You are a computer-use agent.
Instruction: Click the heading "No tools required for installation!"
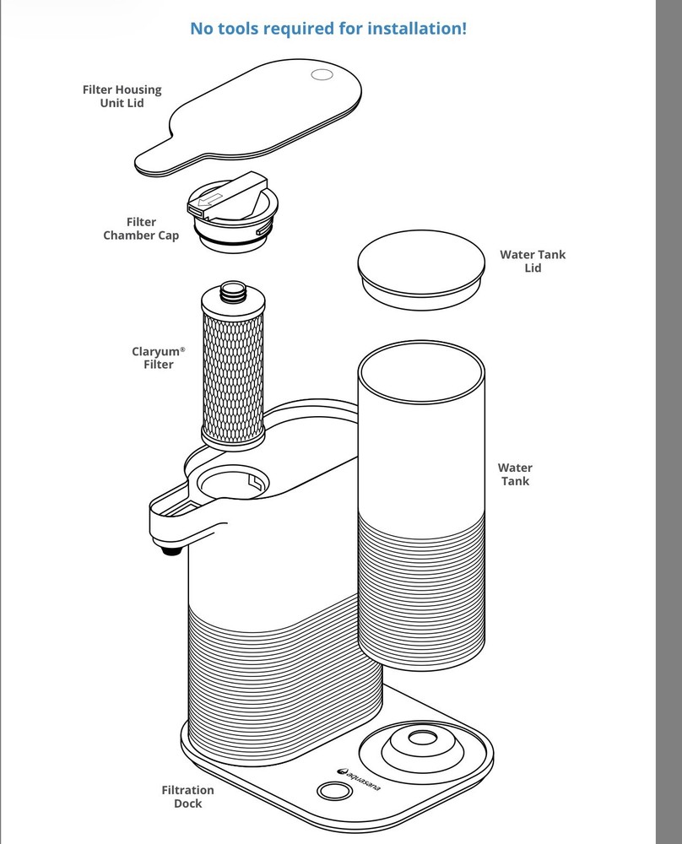[328, 28]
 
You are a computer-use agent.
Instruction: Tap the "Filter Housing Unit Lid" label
[122, 96]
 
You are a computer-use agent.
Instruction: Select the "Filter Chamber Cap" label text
[140, 229]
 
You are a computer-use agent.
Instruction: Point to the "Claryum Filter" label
[158, 357]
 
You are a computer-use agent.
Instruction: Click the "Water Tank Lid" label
[533, 261]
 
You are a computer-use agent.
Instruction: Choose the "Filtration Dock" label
[188, 797]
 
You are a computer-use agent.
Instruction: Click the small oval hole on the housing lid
[322, 75]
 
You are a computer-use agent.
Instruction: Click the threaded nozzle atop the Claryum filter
[233, 290]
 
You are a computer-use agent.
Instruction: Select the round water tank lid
[421, 270]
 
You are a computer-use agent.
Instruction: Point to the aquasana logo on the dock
[359, 780]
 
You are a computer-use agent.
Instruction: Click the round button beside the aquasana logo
[335, 791]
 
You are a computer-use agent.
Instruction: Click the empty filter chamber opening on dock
[233, 482]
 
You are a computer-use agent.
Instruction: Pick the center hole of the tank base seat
[423, 738]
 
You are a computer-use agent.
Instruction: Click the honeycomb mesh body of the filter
[233, 376]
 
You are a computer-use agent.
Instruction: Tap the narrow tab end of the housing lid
[154, 163]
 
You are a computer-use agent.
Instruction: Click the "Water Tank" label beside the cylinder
[515, 474]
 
